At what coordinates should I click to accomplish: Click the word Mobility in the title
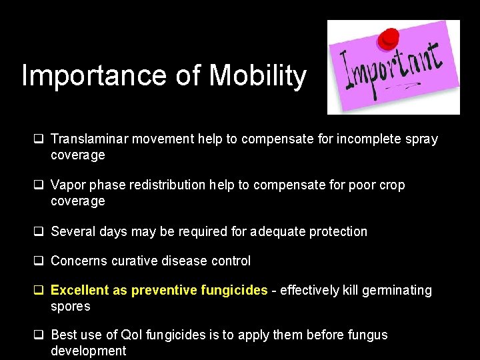257,77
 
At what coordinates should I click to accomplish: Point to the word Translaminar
89,139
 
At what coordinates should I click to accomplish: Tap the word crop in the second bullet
391,185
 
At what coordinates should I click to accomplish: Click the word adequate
281,231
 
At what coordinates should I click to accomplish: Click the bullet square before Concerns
39,261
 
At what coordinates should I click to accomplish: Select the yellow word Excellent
77,290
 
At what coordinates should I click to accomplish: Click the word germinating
396,290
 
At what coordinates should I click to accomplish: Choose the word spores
70,307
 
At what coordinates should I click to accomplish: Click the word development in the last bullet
88,351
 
